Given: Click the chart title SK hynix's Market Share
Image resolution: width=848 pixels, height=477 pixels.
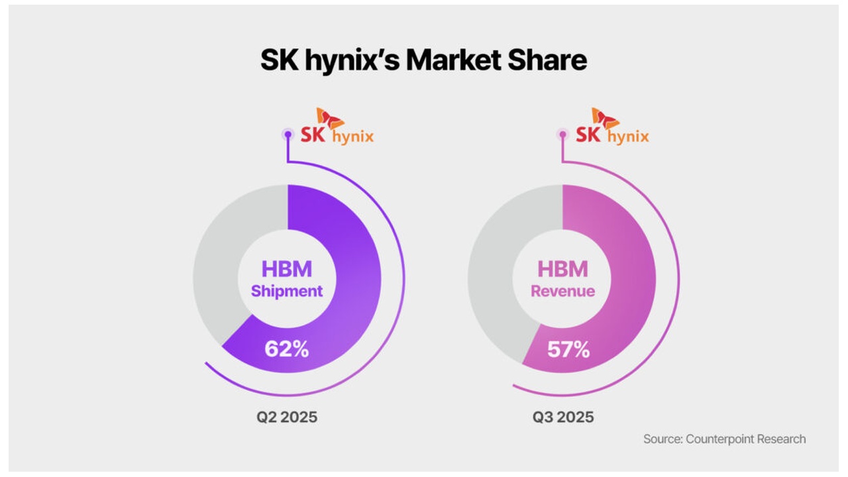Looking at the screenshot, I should [423, 60].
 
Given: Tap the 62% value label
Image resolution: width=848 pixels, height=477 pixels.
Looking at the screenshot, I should [286, 348].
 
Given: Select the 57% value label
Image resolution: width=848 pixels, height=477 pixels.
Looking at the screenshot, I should [568, 349].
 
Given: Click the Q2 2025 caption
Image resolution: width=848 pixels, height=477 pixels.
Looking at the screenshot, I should [287, 417].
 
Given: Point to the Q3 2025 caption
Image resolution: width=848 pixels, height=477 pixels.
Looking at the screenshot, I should [563, 417].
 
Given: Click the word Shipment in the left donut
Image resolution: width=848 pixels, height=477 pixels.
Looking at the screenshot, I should [287, 291].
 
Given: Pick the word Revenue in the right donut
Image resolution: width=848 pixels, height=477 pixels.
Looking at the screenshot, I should [562, 291].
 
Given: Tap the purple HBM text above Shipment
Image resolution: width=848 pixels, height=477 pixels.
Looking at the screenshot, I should [287, 269].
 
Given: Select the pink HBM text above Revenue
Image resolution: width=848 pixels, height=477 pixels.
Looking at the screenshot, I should [562, 269].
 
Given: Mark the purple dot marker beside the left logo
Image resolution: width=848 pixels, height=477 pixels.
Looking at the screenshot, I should [288, 134].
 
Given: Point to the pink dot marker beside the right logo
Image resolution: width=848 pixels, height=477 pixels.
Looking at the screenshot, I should [563, 134].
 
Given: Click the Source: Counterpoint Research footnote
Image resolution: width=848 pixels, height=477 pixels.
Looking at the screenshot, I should [724, 439].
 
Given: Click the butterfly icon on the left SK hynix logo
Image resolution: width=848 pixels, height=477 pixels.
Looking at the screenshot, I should [329, 118].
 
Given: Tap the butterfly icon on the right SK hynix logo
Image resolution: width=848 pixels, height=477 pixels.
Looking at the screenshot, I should [605, 118].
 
